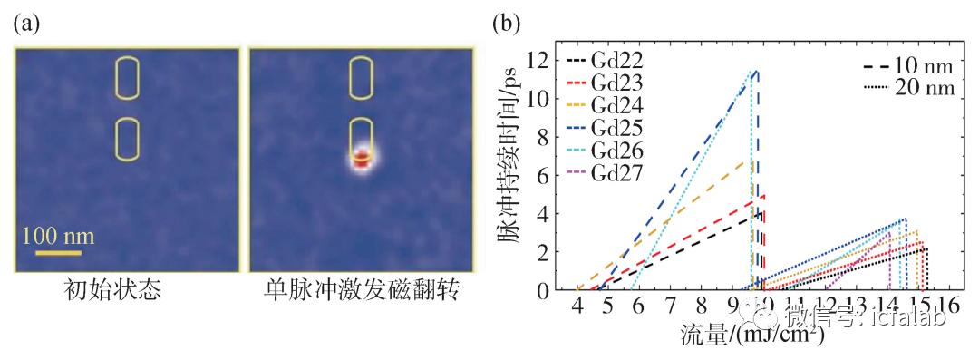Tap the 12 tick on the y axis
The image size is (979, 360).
[542, 60]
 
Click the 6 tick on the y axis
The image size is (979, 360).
[542, 175]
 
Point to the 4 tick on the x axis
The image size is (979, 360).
[577, 304]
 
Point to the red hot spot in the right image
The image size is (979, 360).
[362, 161]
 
